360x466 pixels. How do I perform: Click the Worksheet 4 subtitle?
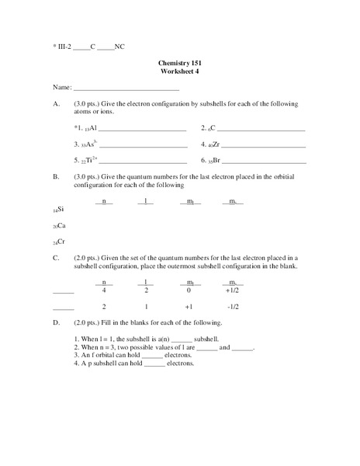pyautogui.click(x=179, y=71)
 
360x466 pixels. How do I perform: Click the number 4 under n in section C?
pyautogui.click(x=104, y=290)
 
